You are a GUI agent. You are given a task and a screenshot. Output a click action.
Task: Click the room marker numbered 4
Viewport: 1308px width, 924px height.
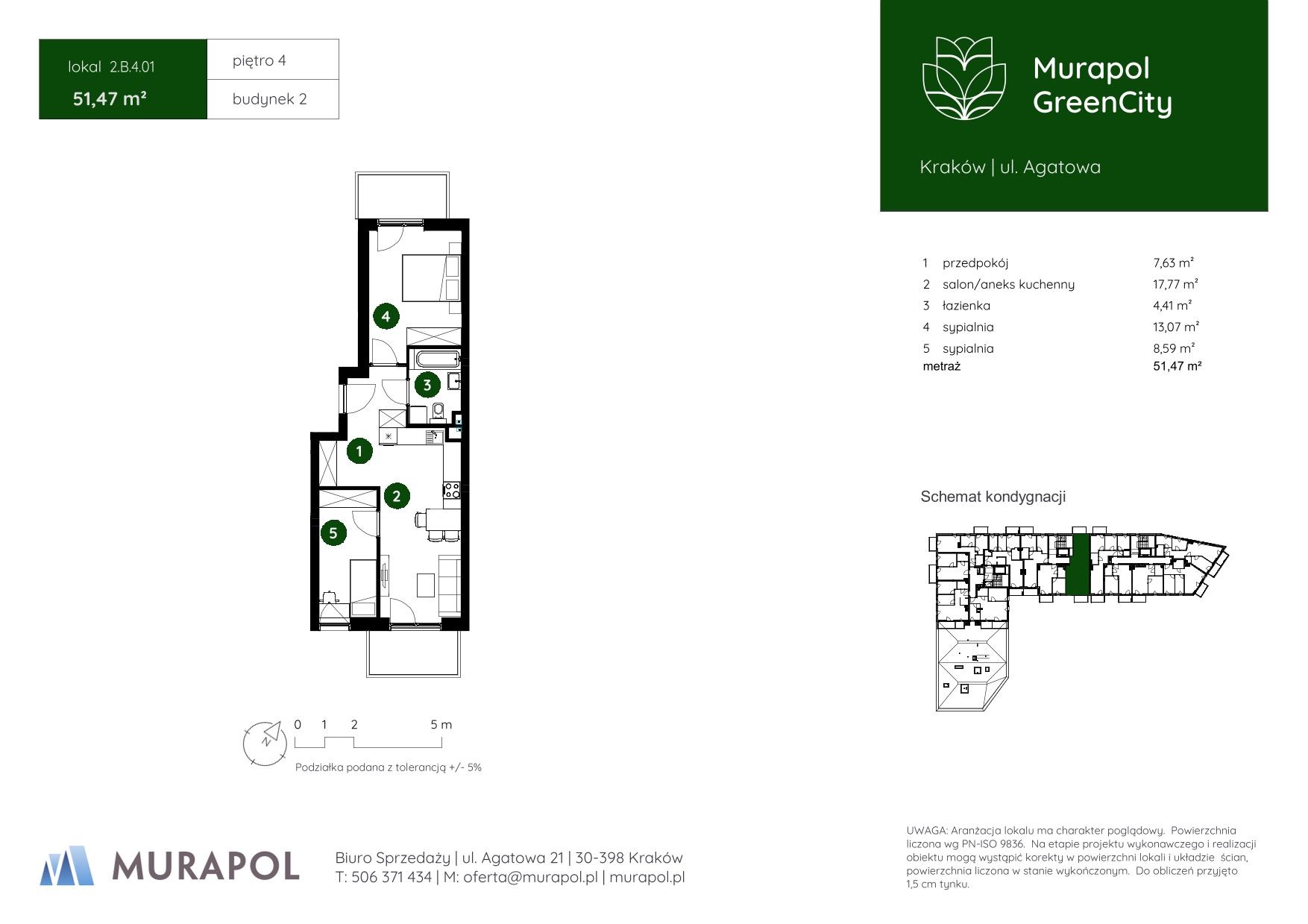coord(386,316)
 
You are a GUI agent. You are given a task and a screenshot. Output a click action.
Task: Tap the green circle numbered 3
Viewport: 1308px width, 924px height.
coord(427,385)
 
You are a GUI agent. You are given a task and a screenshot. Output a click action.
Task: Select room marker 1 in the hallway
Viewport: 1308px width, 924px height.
coord(359,450)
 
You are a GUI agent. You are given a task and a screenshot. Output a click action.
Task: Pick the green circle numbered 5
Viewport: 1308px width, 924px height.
coord(333,532)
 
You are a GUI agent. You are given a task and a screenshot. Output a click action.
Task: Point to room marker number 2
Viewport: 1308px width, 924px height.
coord(397,495)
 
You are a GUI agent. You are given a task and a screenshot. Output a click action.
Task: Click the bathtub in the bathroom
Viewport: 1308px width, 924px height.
coord(433,358)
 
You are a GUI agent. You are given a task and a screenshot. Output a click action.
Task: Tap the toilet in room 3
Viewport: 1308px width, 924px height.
coord(438,411)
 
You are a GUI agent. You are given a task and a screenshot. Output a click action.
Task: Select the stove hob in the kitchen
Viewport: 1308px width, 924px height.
coord(451,490)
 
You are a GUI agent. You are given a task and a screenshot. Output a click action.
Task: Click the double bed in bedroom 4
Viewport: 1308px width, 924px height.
coord(431,277)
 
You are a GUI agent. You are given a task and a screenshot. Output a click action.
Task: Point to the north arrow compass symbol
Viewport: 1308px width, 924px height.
coord(265,743)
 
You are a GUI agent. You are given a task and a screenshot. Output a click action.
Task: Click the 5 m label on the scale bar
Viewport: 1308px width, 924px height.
coord(441,724)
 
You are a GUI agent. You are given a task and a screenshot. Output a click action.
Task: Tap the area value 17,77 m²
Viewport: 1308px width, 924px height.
coord(1175,284)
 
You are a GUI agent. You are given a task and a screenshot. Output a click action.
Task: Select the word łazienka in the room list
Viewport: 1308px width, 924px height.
coord(966,306)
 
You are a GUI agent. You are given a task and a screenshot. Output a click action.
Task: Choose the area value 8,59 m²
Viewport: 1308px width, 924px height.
coord(1174,348)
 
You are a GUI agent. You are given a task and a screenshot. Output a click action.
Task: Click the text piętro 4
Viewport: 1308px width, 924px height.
coord(259,60)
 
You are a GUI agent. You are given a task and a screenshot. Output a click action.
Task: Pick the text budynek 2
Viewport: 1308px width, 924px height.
coord(269,99)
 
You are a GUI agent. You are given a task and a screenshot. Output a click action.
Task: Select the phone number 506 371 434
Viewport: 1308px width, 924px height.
coord(391,877)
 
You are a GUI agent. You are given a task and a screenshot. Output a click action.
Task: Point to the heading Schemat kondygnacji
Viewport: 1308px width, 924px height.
coord(993,497)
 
